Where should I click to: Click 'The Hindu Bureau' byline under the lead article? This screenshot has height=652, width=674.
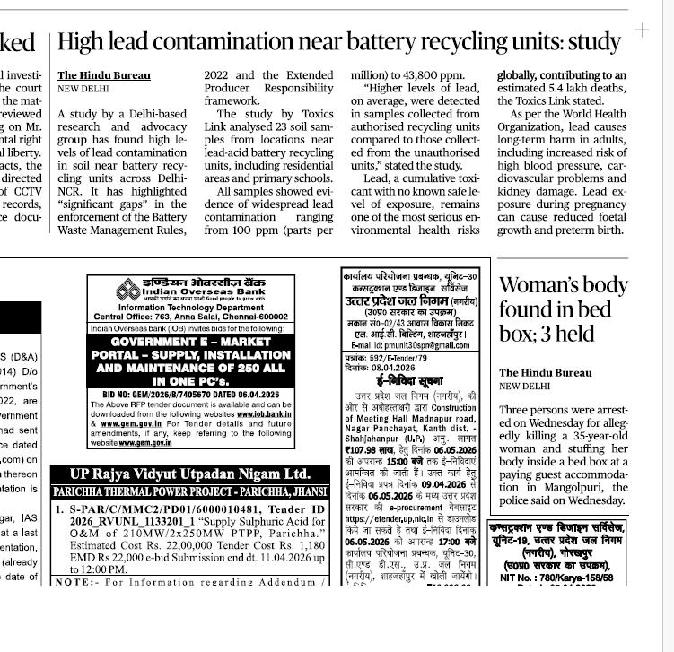coord(104,75)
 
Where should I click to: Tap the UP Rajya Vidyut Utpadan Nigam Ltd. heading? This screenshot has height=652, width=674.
coord(190,474)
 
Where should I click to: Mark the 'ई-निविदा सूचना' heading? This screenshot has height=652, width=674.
coord(390,381)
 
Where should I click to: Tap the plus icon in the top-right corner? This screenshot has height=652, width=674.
coord(642,30)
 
